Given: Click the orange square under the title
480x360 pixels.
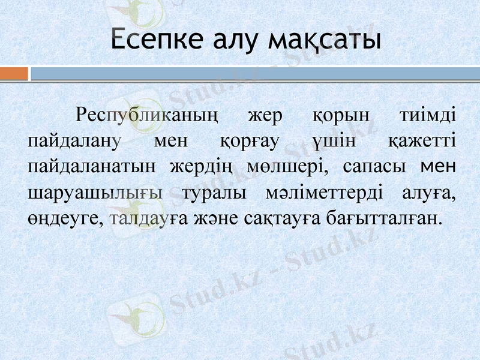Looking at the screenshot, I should coord(14,73).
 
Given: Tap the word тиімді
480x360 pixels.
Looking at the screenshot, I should coord(427,114).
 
